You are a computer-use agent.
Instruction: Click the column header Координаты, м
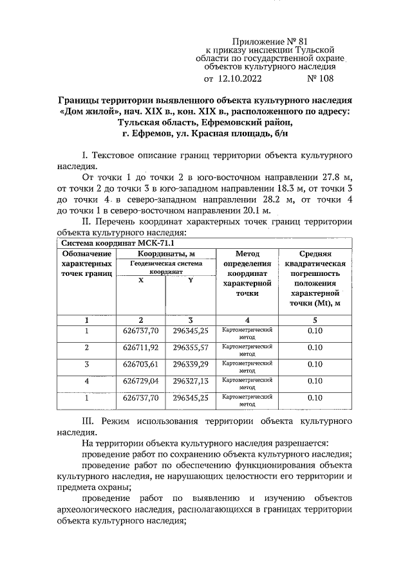(x=165, y=254)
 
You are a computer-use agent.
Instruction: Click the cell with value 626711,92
(x=140, y=348)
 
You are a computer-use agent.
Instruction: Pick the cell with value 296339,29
(x=191, y=365)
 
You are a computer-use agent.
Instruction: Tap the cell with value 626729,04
(x=140, y=381)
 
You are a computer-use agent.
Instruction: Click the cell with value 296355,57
(x=191, y=348)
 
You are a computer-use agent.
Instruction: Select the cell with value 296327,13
(x=191, y=381)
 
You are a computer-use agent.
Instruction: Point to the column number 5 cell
(x=315, y=320)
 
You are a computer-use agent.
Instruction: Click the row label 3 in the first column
(x=87, y=365)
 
